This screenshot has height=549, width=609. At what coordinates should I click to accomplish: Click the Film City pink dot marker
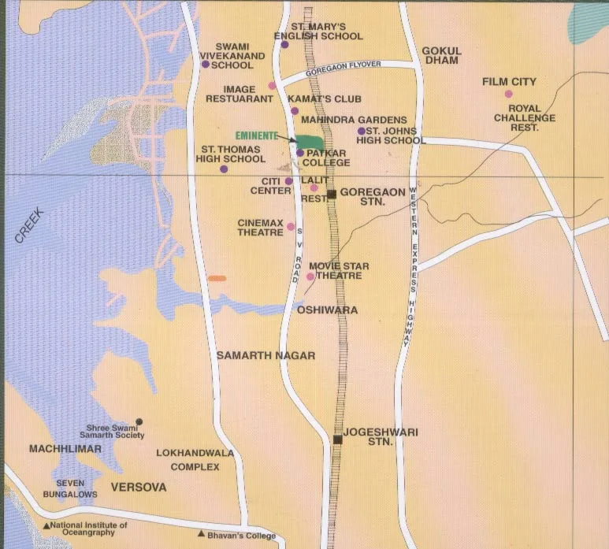coord(508,94)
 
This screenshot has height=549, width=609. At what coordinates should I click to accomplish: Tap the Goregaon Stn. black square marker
coord(332,194)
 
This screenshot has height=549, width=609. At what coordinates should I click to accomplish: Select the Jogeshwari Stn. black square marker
coord(337,439)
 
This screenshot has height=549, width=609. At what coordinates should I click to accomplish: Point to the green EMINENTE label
coord(256,135)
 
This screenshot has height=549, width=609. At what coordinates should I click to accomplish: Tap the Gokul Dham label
coord(442,56)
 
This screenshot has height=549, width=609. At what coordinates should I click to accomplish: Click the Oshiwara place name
coord(327,310)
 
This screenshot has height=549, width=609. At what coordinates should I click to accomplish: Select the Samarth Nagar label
coord(266,356)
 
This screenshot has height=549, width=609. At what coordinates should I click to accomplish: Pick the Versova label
coord(139,488)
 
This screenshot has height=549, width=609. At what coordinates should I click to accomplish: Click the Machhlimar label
coord(65,449)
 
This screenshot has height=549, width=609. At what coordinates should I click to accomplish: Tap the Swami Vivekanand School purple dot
coord(205,64)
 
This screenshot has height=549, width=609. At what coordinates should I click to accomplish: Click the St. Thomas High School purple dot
coord(224,169)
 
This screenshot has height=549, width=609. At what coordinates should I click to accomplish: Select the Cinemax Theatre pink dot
coord(291,227)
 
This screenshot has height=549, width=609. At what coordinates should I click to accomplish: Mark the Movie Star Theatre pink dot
coord(310,276)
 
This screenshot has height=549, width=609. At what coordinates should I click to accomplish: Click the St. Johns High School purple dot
coord(361,131)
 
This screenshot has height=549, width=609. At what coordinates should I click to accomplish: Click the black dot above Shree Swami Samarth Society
coord(139,421)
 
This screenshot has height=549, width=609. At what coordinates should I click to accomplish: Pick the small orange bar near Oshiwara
coord(217,278)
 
